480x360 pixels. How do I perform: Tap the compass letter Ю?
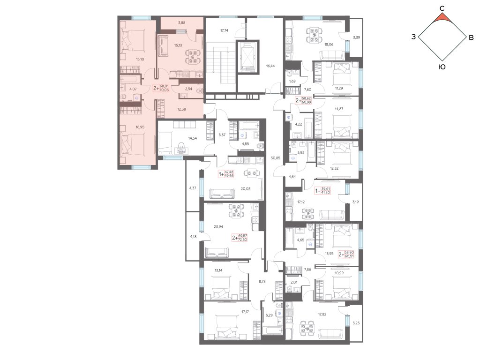442,67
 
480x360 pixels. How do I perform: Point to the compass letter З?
413,37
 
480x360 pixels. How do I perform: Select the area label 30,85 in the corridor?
276,158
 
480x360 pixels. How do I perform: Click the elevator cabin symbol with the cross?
248,57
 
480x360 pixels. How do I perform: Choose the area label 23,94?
218,227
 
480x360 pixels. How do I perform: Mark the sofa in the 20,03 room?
222,194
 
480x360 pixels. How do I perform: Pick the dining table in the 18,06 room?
315,35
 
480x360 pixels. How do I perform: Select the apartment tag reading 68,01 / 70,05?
161,88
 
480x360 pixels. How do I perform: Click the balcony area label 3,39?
356,37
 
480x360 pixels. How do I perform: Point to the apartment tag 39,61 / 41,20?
322,191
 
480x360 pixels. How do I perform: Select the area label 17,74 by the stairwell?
225,30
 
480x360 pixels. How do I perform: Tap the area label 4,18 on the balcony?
193,236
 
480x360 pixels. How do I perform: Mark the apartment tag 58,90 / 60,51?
346,254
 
